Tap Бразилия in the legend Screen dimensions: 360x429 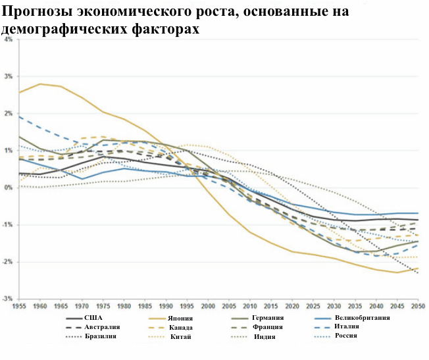[101, 336]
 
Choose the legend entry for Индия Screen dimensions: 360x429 [265, 337]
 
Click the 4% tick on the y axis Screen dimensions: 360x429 [8, 39]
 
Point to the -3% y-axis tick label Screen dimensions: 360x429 [8, 299]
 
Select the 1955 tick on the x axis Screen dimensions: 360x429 [20, 307]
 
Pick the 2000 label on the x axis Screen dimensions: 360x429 [209, 307]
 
